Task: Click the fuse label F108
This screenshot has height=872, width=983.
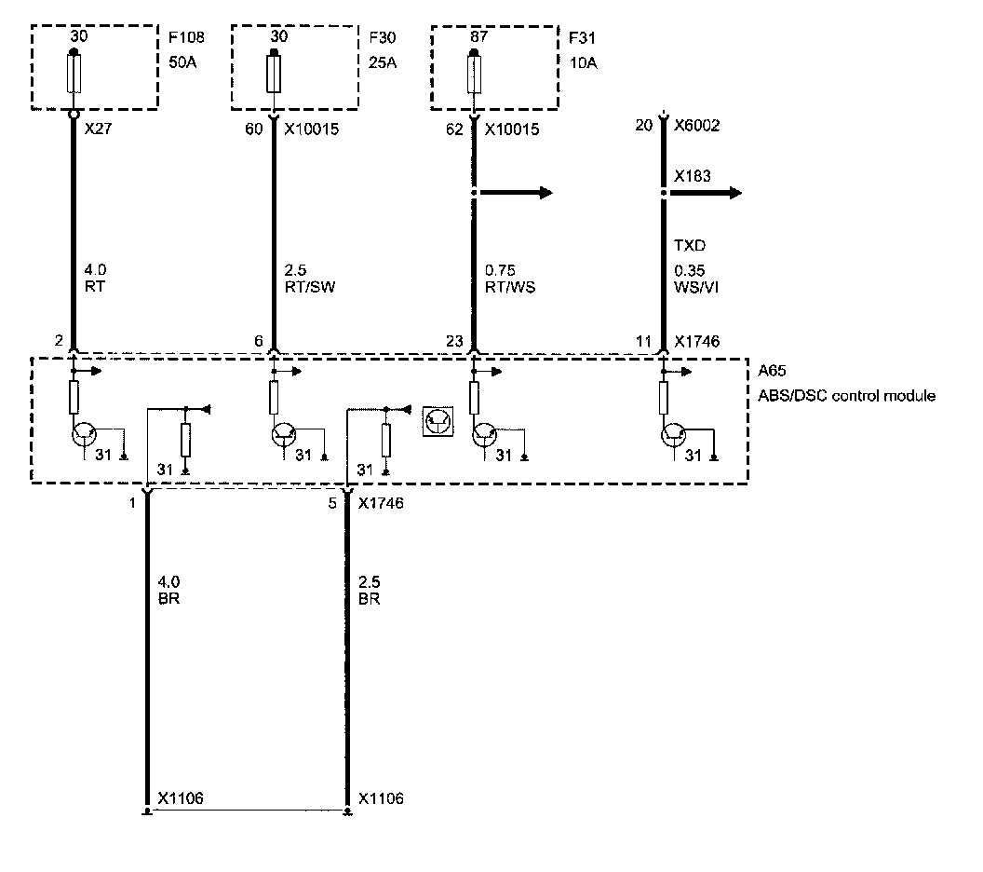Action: tap(187, 40)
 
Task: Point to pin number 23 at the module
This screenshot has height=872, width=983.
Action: tap(454, 342)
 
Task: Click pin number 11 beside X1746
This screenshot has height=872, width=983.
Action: tap(644, 342)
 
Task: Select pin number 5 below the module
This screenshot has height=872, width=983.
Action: tap(332, 503)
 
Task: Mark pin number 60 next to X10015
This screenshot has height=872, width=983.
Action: tap(253, 131)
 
